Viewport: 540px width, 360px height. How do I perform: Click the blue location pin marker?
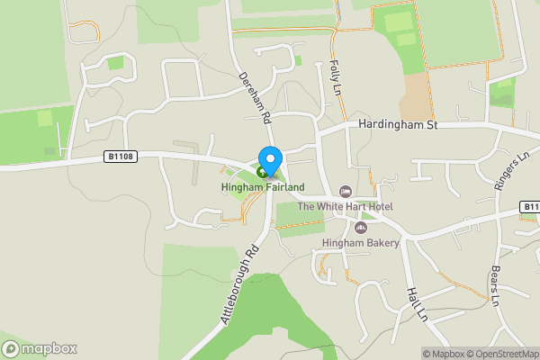tap(269, 159)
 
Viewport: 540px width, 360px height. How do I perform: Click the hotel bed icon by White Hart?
tap(346, 192)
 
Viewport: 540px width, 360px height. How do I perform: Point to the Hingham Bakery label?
tap(360, 243)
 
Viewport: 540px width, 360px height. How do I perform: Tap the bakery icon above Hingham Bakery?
tap(361, 228)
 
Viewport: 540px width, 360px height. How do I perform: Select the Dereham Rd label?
tap(254, 98)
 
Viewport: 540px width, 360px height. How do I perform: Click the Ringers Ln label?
tap(512, 170)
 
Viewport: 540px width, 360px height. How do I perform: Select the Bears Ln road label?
tap(494, 285)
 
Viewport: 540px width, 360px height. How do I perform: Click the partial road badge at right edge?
tap(531, 208)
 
